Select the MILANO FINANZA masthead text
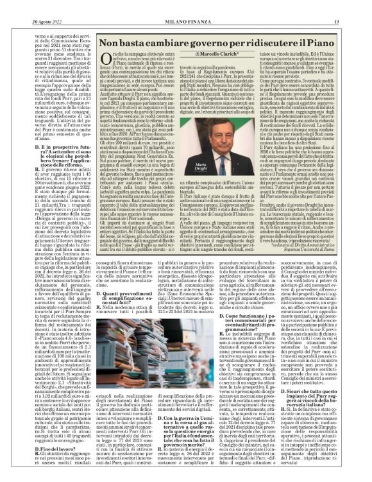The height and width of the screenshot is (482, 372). pyautogui.click(x=185, y=6)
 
